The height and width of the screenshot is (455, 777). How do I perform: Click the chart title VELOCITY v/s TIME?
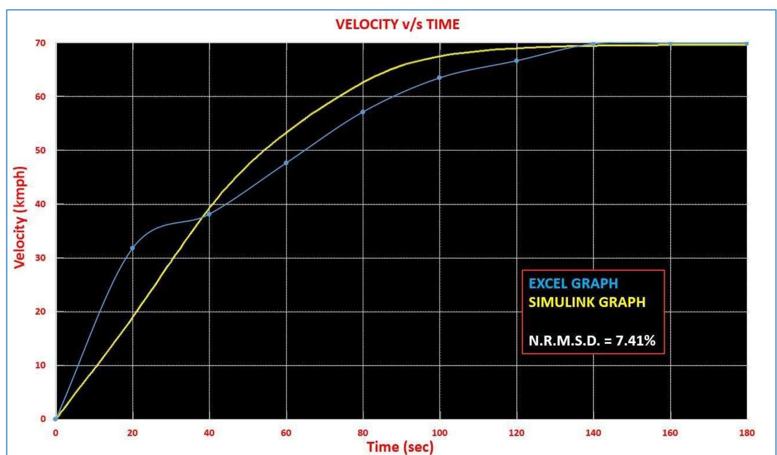397,24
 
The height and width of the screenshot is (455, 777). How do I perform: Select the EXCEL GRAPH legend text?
573,283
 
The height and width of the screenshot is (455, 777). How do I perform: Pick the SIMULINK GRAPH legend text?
587,302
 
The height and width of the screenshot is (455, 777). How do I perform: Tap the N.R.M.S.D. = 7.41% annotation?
592,340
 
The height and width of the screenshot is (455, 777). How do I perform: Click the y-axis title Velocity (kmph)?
20,217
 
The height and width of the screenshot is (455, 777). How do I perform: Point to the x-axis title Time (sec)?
400,447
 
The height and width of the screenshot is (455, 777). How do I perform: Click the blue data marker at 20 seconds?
132,248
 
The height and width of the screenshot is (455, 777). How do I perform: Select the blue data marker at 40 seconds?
209,214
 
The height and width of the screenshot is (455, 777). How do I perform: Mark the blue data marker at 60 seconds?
286,163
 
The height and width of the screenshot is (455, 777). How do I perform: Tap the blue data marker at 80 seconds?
363,112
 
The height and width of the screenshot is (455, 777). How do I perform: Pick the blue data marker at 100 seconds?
439,78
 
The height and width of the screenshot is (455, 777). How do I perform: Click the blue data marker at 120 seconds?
516,61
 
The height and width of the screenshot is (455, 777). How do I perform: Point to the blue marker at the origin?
55,419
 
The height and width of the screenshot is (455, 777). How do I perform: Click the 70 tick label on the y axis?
41,43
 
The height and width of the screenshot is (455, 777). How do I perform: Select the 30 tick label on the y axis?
41,258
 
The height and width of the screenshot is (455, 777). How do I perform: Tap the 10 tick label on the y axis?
41,365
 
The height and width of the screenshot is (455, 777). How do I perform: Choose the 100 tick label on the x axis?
439,433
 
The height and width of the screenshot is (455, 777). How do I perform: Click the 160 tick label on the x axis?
670,433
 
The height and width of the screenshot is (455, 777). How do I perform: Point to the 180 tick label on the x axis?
746,433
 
